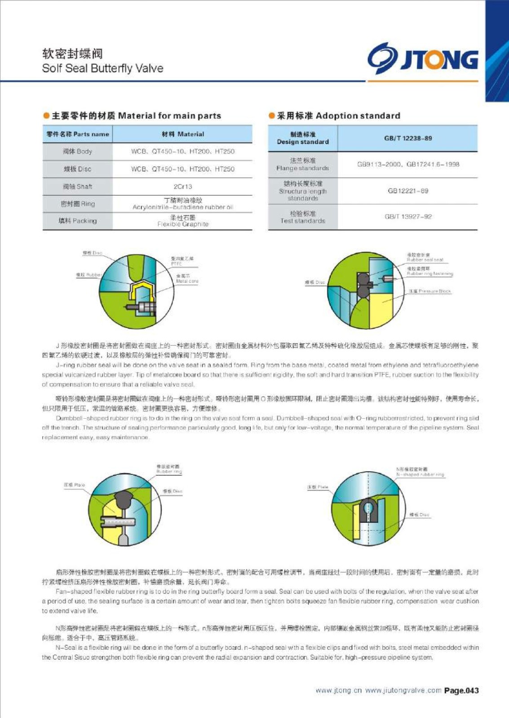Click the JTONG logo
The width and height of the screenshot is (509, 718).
point(422,58)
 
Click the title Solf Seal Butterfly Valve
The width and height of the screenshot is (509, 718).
point(102,68)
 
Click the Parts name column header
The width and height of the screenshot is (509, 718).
point(78,134)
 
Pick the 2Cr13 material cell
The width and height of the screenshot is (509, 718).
point(182,187)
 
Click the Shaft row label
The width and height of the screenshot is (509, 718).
point(78,187)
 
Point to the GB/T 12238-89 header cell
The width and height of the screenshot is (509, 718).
point(407,138)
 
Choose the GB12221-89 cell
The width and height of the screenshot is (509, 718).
point(407,191)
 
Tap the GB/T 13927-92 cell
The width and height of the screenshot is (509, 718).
point(407,217)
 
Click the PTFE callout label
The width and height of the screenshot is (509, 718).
point(177,264)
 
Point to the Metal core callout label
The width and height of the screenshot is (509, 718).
point(187,281)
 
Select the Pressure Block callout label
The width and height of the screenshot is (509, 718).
point(429,291)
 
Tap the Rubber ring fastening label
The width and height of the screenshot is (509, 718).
point(429,273)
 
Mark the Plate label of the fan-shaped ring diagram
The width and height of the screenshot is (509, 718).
point(74,485)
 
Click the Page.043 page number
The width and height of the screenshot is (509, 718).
point(461,691)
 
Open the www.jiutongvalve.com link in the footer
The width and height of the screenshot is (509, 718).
point(403,691)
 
